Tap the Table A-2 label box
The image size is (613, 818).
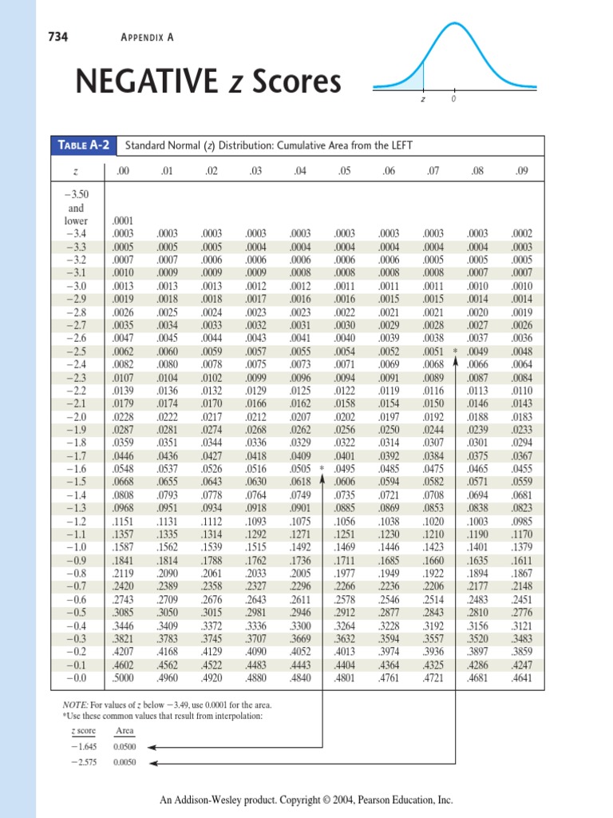pyautogui.click(x=84, y=145)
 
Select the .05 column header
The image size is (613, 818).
pyautogui.click(x=345, y=170)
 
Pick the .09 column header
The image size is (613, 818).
pyautogui.click(x=522, y=170)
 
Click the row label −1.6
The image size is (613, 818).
pyautogui.click(x=76, y=470)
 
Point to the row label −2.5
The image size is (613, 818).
pyautogui.click(x=76, y=351)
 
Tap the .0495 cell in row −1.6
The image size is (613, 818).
pyautogui.click(x=345, y=470)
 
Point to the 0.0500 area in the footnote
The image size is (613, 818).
pyautogui.click(x=125, y=745)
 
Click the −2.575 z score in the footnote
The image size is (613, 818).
pyautogui.click(x=83, y=761)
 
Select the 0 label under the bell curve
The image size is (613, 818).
pyautogui.click(x=453, y=100)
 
